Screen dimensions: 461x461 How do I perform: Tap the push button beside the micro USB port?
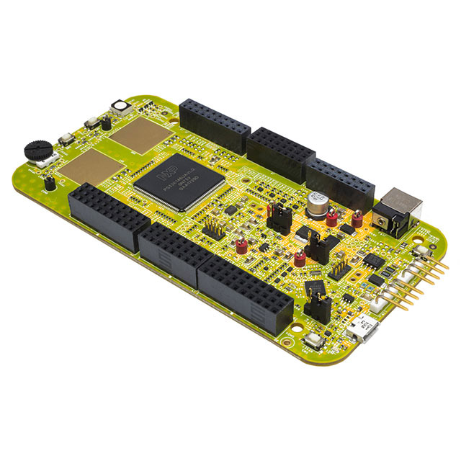pos(315,342)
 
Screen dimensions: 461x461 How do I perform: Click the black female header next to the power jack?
pos(339,181)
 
